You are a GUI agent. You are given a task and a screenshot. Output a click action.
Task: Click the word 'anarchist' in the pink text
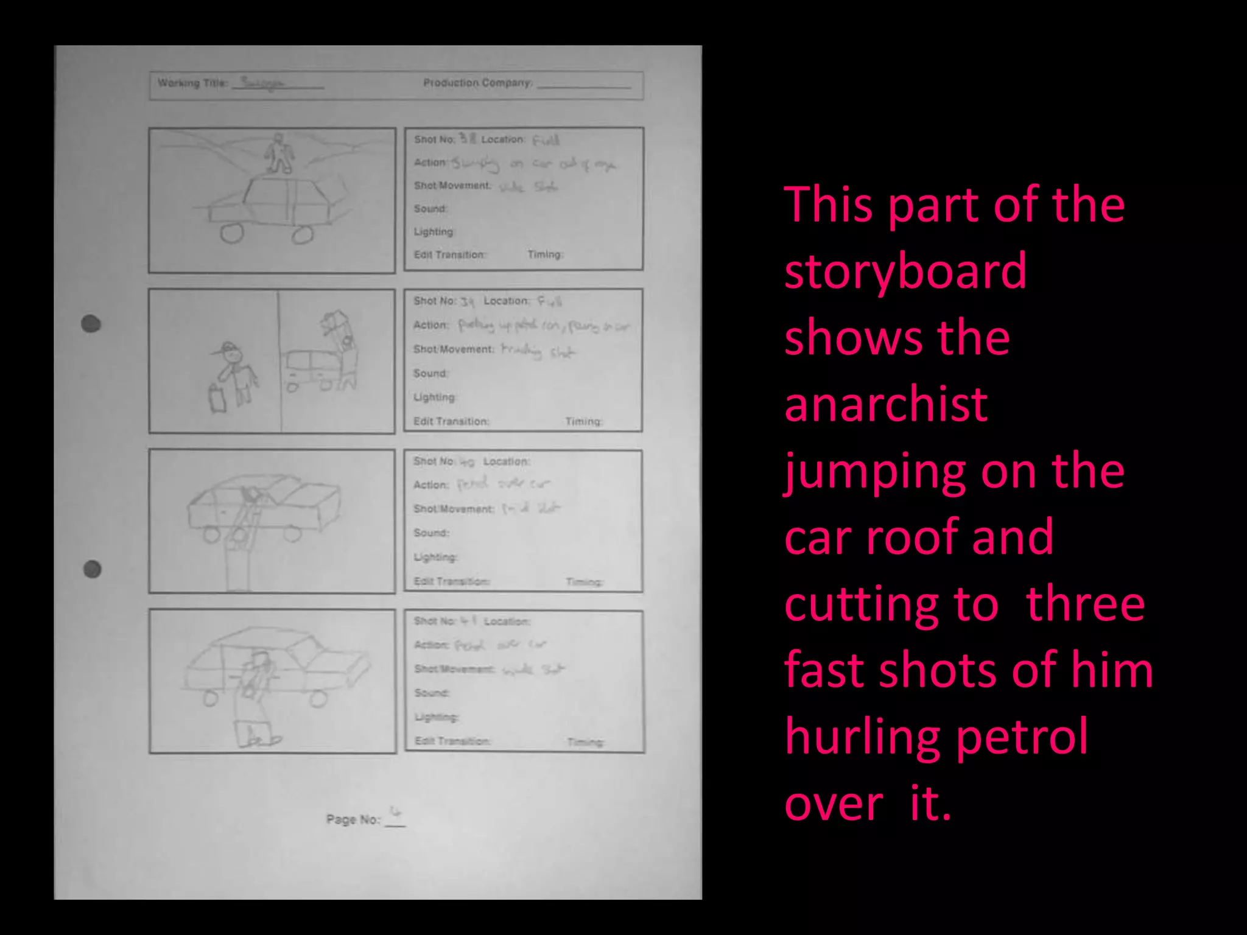pos(885,405)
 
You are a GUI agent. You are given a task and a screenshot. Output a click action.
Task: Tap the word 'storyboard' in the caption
pos(905,271)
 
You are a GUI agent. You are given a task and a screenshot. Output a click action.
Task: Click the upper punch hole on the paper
pos(91,323)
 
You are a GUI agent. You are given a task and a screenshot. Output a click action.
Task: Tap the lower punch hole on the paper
pos(92,569)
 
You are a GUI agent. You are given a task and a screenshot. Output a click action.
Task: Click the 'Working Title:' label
pos(192,83)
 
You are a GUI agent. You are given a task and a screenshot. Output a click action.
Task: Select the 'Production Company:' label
pos(478,83)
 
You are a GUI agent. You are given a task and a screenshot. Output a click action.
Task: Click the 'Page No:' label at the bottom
pos(353,819)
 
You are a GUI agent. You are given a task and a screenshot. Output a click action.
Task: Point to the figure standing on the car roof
pos(279,153)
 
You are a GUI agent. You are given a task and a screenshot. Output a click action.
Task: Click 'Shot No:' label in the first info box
pos(434,139)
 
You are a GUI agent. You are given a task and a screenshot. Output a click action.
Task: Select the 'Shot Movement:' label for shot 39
pos(454,349)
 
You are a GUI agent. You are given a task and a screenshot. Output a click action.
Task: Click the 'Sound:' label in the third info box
pos(431,533)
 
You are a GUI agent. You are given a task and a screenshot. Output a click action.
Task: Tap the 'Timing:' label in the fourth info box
pos(585,742)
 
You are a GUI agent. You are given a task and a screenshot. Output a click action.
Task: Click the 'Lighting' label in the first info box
pos(434,232)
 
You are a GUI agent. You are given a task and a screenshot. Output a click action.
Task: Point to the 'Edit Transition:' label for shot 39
pos(451,421)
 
